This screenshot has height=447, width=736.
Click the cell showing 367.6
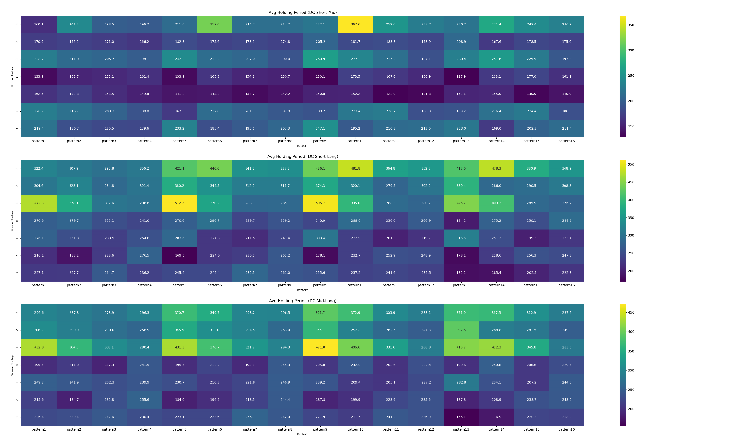click(x=355, y=25)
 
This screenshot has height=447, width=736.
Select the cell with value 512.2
click(x=179, y=203)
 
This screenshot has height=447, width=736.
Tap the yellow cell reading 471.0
click(x=320, y=347)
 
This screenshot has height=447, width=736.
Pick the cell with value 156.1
click(x=461, y=417)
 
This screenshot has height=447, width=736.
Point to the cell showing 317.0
click(x=215, y=25)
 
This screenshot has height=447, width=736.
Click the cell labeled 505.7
click(x=320, y=203)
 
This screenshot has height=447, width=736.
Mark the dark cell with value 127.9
click(x=461, y=76)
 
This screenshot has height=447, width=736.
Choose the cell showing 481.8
click(x=355, y=168)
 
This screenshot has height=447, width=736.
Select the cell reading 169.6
click(x=179, y=255)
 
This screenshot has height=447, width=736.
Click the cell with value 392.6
click(x=461, y=330)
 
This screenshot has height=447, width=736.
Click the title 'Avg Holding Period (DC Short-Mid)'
click(x=303, y=13)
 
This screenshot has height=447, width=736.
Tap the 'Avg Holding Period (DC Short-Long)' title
click(x=303, y=157)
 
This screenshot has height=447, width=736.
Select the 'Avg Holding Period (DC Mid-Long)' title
click(x=303, y=301)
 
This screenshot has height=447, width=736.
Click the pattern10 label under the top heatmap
click(x=355, y=141)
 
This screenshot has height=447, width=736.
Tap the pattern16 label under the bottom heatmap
click(x=566, y=429)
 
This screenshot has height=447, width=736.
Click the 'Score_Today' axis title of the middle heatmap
click(x=12, y=221)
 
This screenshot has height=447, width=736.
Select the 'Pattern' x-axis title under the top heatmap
click(x=303, y=146)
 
